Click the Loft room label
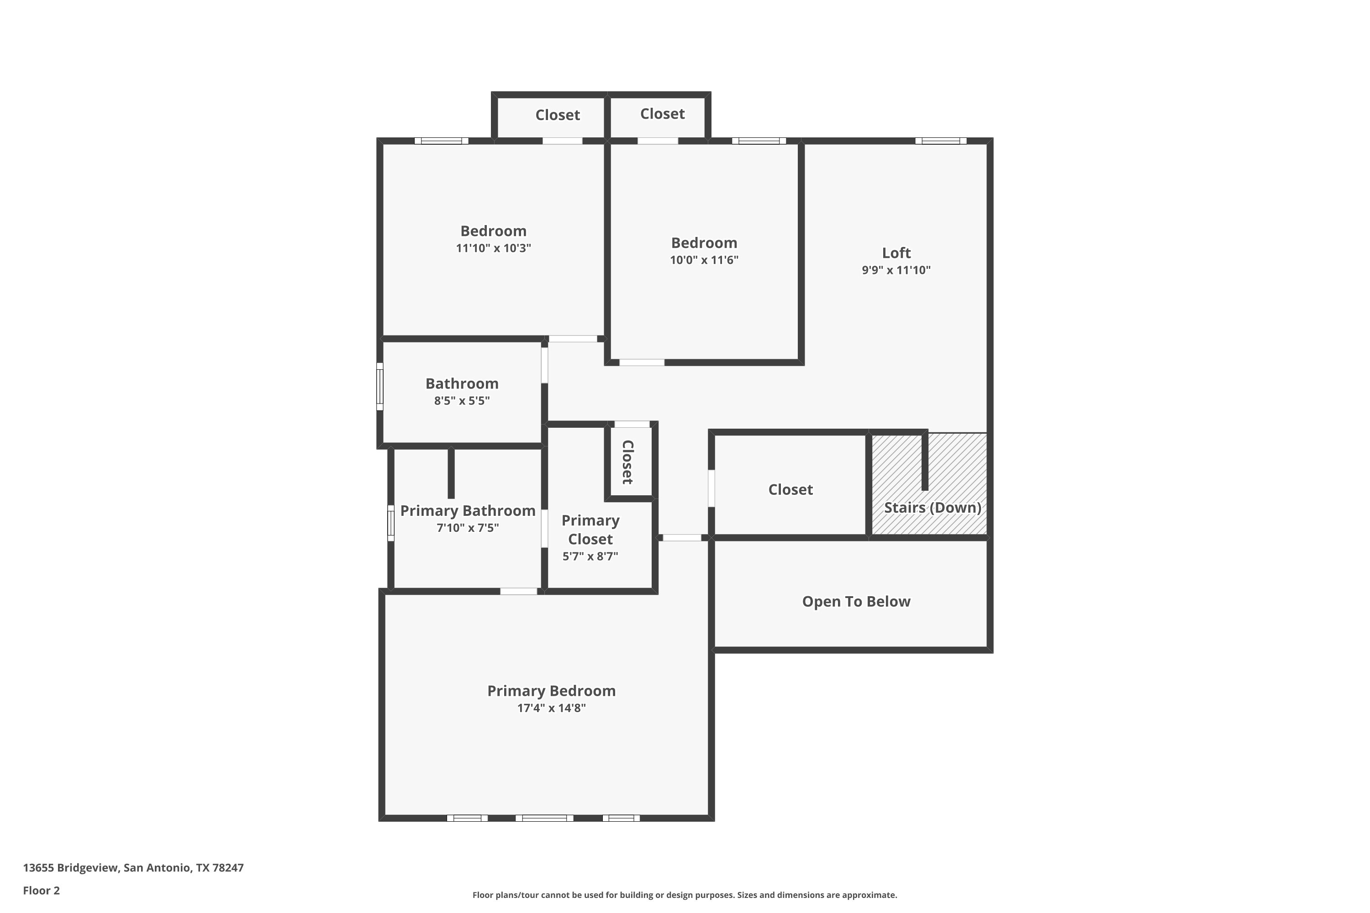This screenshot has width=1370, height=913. [x=896, y=253]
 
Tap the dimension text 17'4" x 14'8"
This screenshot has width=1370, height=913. [x=551, y=708]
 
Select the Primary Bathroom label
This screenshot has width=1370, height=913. [x=467, y=511]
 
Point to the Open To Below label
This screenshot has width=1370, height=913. [x=856, y=602]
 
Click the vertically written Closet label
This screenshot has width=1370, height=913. [x=628, y=462]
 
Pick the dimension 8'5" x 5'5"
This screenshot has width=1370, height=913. [x=461, y=401]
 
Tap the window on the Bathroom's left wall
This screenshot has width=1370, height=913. [x=380, y=386]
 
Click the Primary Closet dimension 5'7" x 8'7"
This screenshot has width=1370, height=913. [x=590, y=556]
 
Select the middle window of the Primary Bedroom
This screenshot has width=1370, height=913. [x=544, y=818]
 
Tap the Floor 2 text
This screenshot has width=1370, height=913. [x=42, y=890]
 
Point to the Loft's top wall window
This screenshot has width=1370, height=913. [x=940, y=141]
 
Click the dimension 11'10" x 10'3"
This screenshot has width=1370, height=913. [x=493, y=248]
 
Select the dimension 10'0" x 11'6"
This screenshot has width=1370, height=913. [x=704, y=260]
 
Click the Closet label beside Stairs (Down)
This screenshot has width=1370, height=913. [x=790, y=490]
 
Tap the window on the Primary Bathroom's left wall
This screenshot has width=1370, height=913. [x=391, y=523]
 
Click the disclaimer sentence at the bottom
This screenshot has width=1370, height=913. [x=685, y=895]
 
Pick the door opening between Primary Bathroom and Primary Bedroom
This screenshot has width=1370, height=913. [x=518, y=592]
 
